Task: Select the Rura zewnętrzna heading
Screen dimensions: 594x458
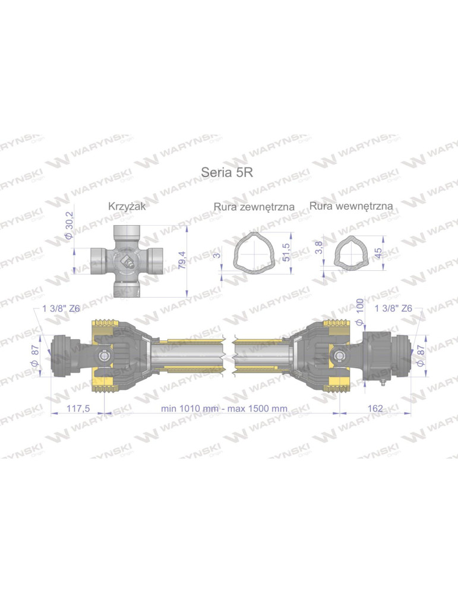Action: tap(254, 207)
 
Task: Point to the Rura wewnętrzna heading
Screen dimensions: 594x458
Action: tap(351, 206)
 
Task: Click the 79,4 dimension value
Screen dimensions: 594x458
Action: tap(182, 260)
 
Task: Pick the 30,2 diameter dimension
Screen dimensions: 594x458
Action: tap(68, 225)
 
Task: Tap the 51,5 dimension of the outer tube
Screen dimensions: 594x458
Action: tap(288, 252)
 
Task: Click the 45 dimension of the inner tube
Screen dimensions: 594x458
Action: tap(379, 253)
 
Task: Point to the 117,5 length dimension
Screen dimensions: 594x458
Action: tap(77, 409)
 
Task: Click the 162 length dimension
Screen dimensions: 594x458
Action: tap(375, 409)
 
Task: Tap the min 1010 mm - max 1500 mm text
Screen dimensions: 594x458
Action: tap(224, 409)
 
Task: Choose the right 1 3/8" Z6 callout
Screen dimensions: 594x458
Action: tap(395, 308)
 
